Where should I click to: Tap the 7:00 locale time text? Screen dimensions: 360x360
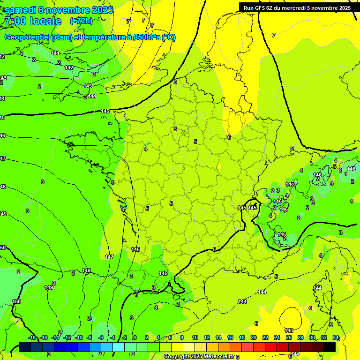click(x=32, y=21)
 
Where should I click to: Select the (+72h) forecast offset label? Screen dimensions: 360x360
click(x=81, y=21)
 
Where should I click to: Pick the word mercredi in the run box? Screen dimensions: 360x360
click(x=305, y=7)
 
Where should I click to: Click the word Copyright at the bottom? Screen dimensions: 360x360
click(x=177, y=357)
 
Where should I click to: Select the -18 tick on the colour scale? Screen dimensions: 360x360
click(x=32, y=337)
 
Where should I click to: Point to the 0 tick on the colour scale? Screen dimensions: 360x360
click(x=135, y=337)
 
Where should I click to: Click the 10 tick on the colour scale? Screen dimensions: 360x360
click(x=195, y=337)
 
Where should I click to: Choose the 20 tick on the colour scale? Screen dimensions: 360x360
click(x=254, y=337)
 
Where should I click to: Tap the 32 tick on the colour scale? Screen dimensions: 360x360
click(x=324, y=337)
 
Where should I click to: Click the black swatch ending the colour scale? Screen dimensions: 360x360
click(x=330, y=347)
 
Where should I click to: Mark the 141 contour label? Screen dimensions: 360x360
click(x=55, y=53)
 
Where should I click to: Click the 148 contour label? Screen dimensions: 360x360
click(x=86, y=270)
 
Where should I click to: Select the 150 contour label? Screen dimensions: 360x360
click(x=16, y=301)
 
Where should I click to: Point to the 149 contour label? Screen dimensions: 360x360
click(x=49, y=287)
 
